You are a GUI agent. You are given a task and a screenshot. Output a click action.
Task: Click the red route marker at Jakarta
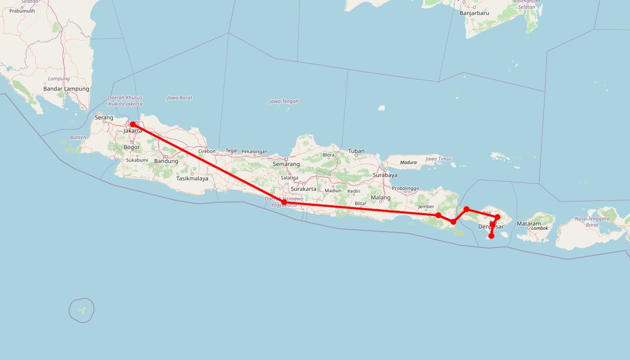(x=133, y=124)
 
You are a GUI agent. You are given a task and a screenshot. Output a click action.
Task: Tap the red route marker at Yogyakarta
(x=284, y=202)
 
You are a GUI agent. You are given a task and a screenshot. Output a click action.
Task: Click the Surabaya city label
(x=385, y=175)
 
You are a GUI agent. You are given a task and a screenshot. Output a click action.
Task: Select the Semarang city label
(x=286, y=164)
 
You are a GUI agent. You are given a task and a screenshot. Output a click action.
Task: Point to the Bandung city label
(x=166, y=161)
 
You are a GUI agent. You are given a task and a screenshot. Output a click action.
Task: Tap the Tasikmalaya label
(x=192, y=179)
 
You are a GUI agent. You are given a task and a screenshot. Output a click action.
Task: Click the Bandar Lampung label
(x=66, y=89)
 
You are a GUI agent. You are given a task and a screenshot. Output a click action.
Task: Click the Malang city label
(x=380, y=197)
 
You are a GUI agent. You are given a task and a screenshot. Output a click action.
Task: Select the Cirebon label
(x=207, y=151)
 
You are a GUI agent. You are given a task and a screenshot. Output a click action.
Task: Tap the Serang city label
(x=104, y=117)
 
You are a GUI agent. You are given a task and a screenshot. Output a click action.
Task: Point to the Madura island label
(x=408, y=163)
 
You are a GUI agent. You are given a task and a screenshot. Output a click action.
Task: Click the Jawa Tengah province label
(x=284, y=101)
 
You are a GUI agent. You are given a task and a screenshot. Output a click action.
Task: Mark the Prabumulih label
(x=22, y=11)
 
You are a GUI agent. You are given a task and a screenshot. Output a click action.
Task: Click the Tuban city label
(x=356, y=151)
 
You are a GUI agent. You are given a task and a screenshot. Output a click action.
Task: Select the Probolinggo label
(x=405, y=188)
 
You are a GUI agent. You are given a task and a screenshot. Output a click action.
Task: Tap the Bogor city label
(x=132, y=147)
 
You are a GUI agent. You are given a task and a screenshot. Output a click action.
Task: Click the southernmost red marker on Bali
(x=491, y=236)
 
